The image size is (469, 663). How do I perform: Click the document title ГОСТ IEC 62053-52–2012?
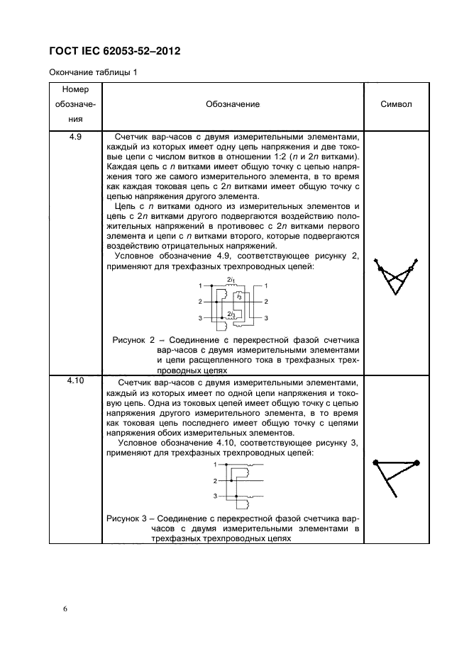pos(114,51)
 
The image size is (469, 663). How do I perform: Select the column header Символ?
pos(396,104)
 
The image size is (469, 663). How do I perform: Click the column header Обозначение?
pos(232,104)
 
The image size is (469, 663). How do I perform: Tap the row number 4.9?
pos(75,137)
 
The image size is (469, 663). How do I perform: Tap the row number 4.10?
pos(75,381)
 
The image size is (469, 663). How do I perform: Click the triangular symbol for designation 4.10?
pos(394,475)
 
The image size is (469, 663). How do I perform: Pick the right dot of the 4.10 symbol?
pos(417,463)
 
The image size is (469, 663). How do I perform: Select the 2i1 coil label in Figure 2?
pos(231,280)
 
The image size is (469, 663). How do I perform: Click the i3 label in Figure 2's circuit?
pos(239,296)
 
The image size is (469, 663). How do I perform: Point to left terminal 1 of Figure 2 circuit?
pos(201,285)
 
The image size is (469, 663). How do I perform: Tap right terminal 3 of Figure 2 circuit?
pos(265,318)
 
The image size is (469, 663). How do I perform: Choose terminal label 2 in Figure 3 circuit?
pos(215,481)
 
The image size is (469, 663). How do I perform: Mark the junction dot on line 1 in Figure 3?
pos(226,465)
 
